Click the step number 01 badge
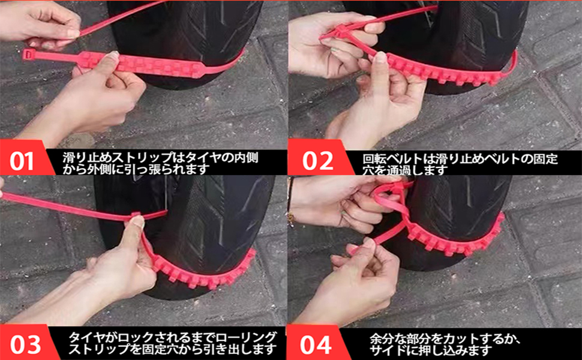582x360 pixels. (22, 161)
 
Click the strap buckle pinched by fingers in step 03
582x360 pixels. (133, 217)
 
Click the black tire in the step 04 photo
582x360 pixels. (462, 204)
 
